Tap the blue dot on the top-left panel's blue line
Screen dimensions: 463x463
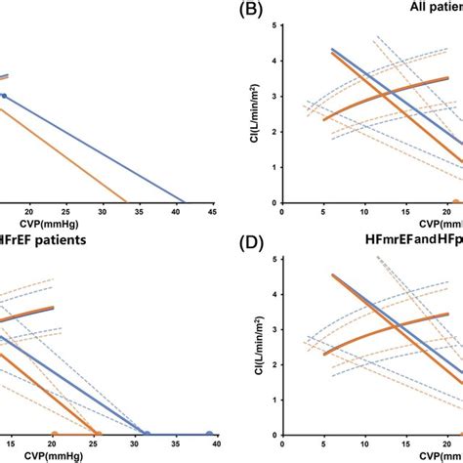(3, 96)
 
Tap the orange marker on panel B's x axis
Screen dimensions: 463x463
(456, 201)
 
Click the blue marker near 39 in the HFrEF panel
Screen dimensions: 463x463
(209, 432)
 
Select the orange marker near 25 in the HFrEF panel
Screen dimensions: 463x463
(96, 432)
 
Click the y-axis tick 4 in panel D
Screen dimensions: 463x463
(274, 294)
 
